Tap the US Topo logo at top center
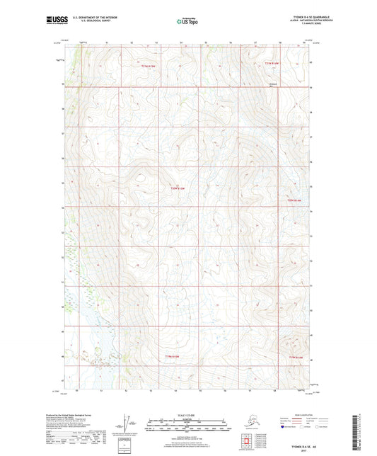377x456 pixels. tap(187, 21)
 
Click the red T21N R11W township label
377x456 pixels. tap(146, 65)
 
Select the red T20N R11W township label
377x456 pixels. tap(177, 188)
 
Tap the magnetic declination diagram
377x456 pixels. tap(125, 426)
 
